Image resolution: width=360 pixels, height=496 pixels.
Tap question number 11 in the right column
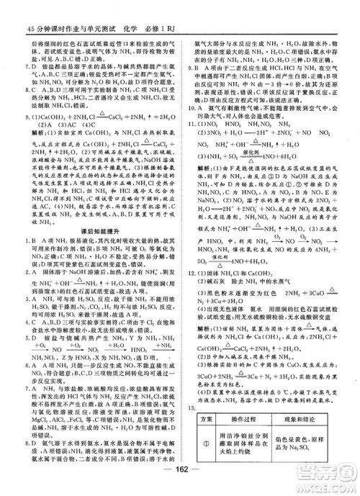point(192,124)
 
